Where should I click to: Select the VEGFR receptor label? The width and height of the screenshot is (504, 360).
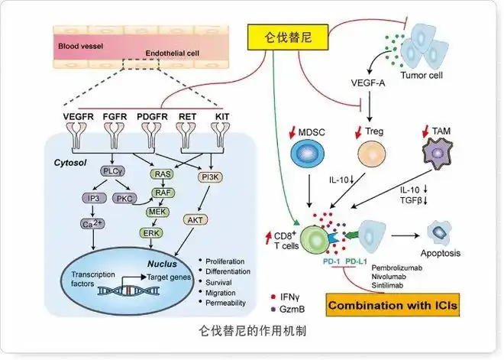pos(77,117)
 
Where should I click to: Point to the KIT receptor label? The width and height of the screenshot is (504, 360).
pos(221,117)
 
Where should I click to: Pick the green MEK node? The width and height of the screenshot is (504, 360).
pos(157,212)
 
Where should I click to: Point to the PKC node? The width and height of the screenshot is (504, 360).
pos(124,199)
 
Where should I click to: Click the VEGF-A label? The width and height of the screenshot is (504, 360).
pos(367,82)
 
